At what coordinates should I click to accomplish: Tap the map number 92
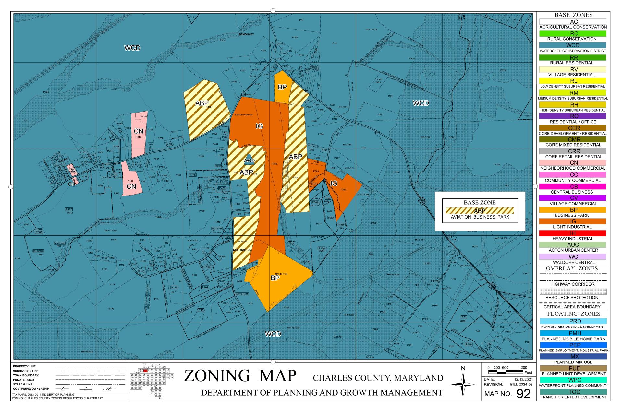(x=523, y=394)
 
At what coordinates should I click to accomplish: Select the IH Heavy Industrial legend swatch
(x=573, y=233)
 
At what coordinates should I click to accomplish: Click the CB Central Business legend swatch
(x=573, y=187)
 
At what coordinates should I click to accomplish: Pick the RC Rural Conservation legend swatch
(x=573, y=33)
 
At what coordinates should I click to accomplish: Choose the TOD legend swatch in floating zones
(x=573, y=392)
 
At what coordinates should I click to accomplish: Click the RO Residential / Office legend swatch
(x=573, y=116)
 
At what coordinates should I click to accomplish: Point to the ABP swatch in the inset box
(x=480, y=211)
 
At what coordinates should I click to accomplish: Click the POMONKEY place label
(x=246, y=34)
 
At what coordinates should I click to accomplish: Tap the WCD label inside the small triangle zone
(x=249, y=160)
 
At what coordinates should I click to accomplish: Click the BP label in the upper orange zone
(x=282, y=87)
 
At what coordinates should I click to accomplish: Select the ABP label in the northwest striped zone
(x=202, y=103)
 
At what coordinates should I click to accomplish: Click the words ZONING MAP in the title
(x=240, y=376)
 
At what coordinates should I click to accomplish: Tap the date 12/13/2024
(x=523, y=379)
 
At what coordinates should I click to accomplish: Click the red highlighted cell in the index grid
(x=146, y=370)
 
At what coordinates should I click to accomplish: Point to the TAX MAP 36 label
(x=242, y=250)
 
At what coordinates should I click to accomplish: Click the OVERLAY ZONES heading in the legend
(x=573, y=268)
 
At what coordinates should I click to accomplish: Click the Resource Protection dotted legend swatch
(x=573, y=291)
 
